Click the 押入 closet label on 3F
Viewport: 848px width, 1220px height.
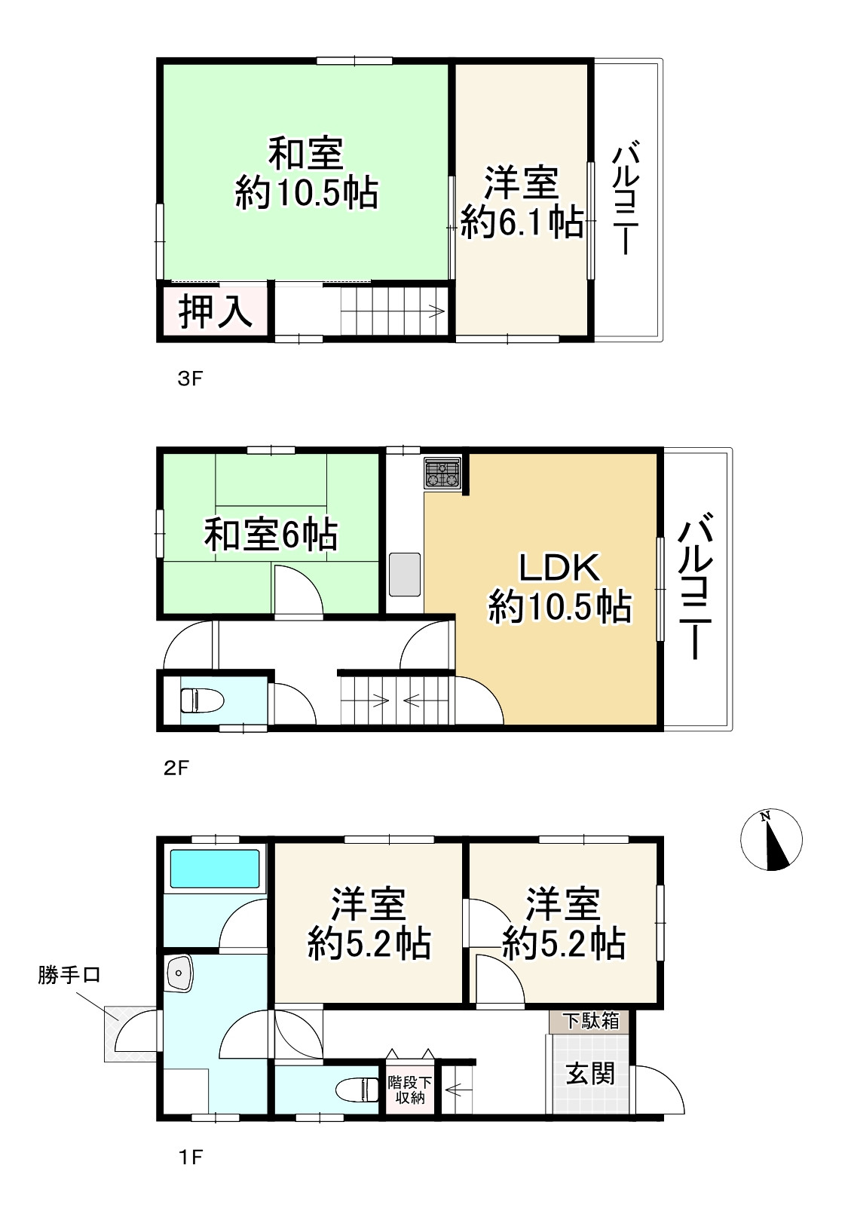click(x=215, y=311)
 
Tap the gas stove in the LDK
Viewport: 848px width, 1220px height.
click(x=442, y=474)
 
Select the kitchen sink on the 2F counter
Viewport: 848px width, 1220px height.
click(x=405, y=574)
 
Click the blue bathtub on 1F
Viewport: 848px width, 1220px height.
click(x=215, y=869)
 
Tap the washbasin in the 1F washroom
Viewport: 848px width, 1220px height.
click(x=179, y=973)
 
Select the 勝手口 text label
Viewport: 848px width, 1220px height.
click(x=69, y=975)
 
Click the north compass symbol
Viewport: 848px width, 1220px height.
click(x=772, y=839)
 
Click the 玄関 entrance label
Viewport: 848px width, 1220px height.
click(x=590, y=1073)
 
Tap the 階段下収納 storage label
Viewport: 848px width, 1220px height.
click(x=410, y=1090)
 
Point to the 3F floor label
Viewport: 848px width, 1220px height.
click(x=190, y=378)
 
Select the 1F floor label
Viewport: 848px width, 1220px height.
click(x=190, y=1156)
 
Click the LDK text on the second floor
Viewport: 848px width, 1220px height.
click(x=559, y=568)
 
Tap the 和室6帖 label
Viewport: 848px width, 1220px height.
click(x=271, y=535)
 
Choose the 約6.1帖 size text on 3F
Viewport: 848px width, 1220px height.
click(x=522, y=222)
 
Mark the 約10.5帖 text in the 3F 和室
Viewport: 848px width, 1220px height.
click(x=306, y=193)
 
